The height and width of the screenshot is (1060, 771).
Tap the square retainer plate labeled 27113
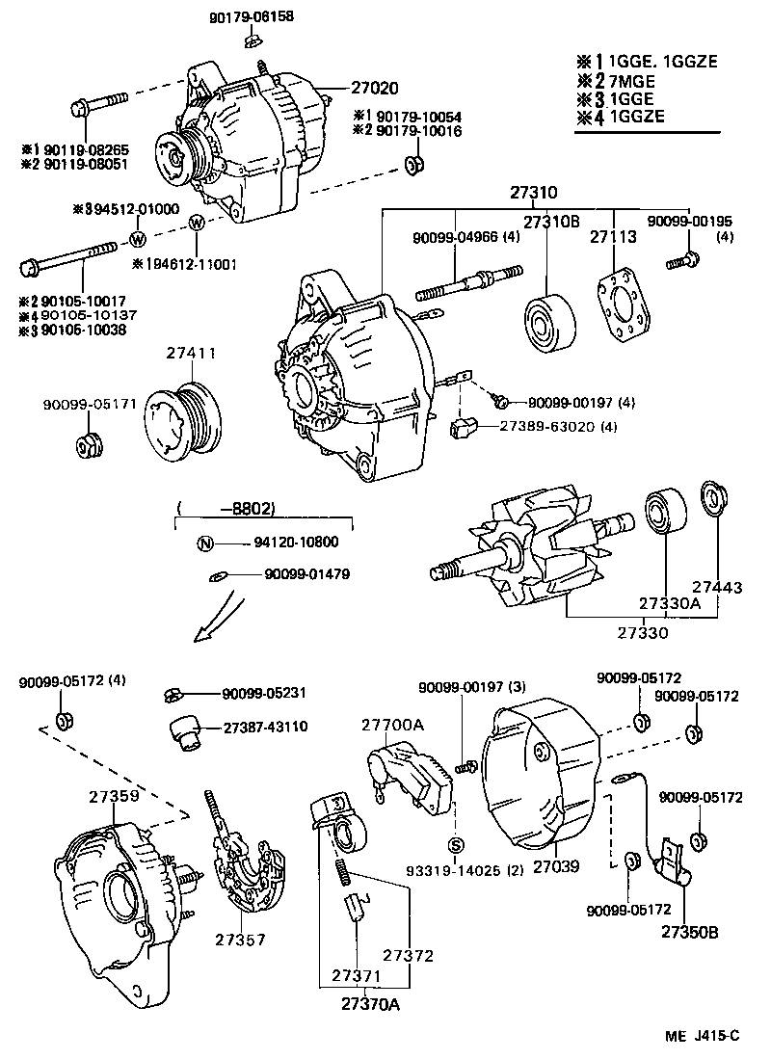pyautogui.click(x=623, y=307)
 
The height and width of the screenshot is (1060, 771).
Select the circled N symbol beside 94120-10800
pyautogui.click(x=204, y=543)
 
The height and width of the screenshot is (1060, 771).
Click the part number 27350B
pyautogui.click(x=687, y=932)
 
